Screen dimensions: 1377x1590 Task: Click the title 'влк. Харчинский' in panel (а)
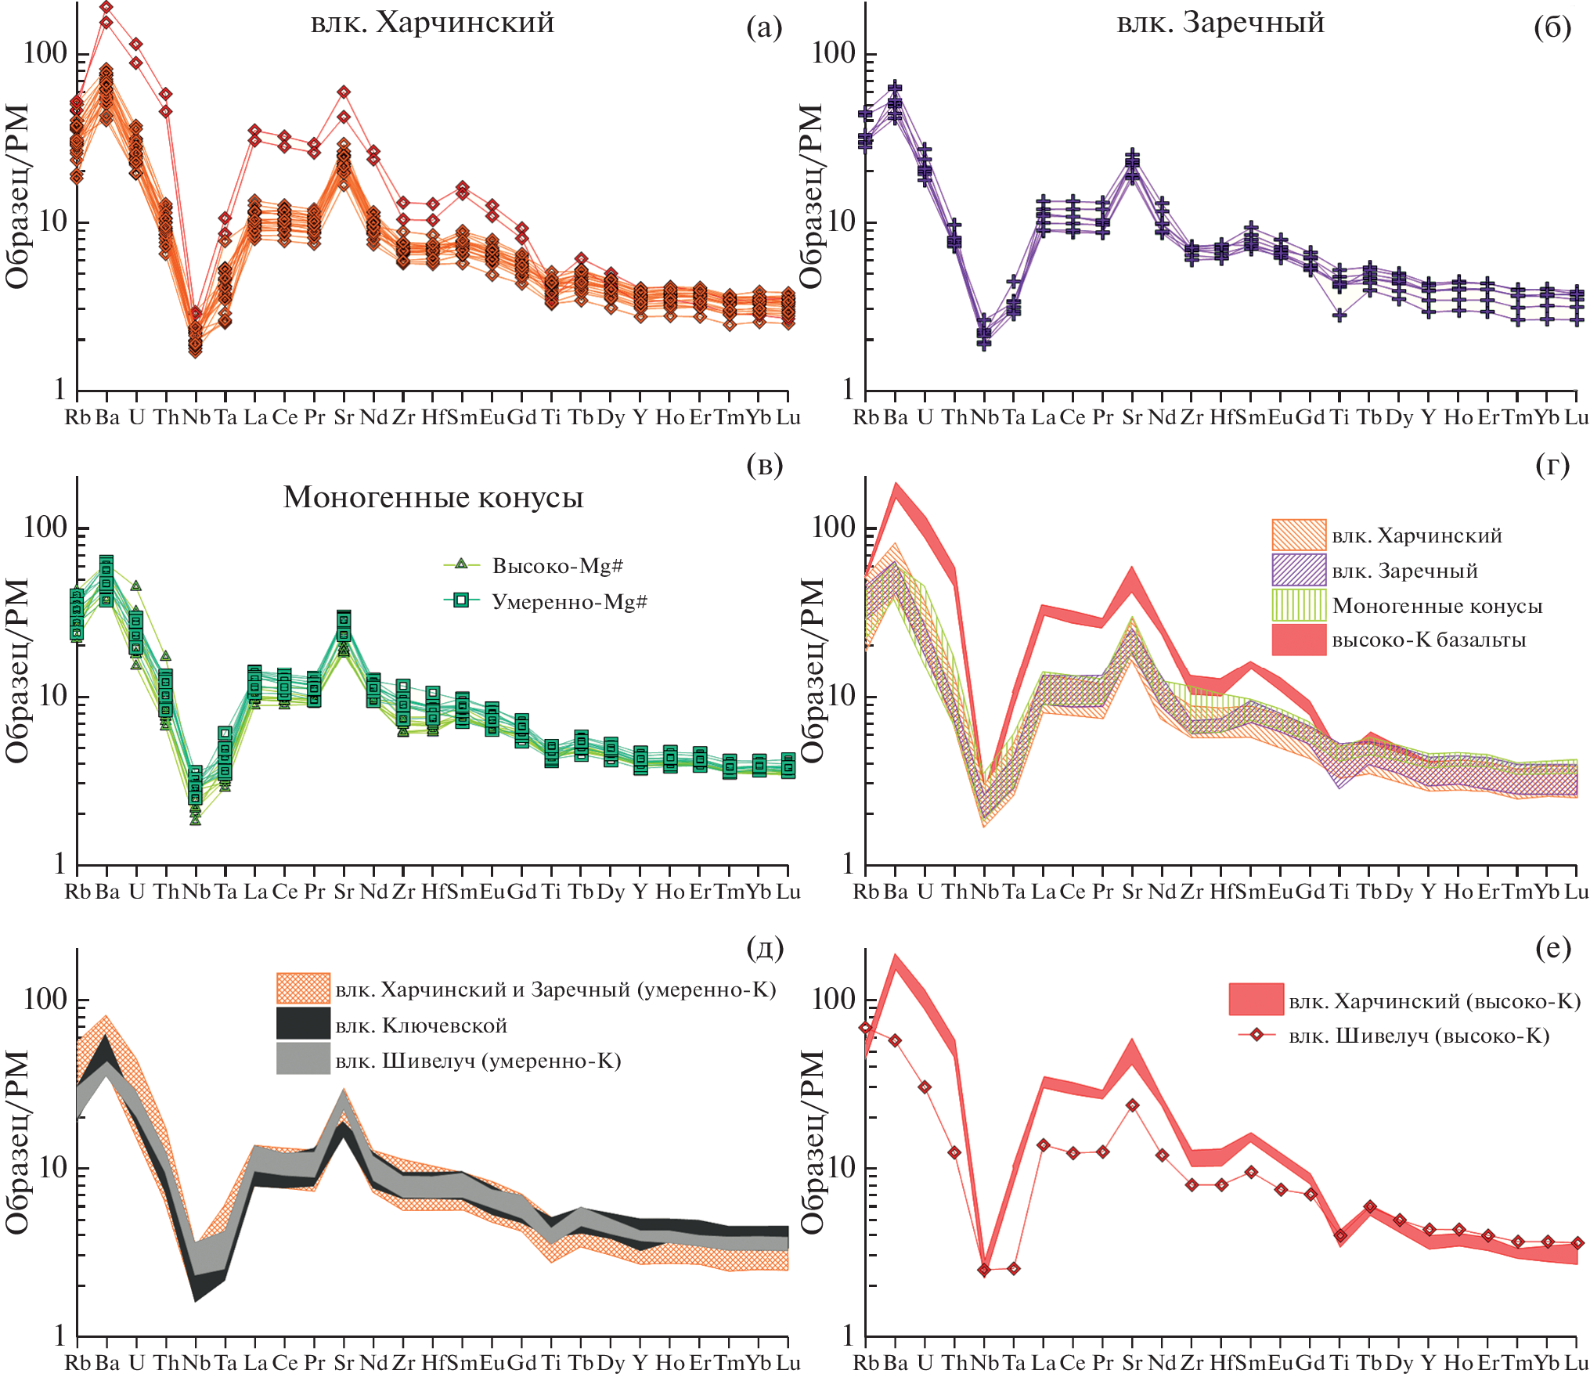click(x=432, y=23)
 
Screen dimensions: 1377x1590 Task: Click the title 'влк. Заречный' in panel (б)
click(x=1220, y=23)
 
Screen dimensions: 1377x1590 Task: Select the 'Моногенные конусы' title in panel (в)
click(x=433, y=498)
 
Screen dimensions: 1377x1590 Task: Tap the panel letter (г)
click(x=1552, y=465)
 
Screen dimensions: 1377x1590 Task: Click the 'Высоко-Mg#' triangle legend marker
click(x=461, y=564)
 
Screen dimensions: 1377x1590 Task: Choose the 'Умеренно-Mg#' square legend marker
click(x=461, y=600)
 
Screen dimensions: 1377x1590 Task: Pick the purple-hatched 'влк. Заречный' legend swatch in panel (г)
click(x=1299, y=570)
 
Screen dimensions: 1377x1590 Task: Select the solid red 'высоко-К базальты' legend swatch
click(x=1299, y=640)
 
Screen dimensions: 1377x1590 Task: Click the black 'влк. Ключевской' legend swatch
click(x=303, y=1024)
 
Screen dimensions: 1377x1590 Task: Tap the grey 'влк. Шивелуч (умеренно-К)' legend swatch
click(x=303, y=1059)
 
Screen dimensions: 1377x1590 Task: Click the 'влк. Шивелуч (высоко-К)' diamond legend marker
click(x=1256, y=1035)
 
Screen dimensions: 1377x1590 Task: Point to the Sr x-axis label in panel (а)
click(x=344, y=417)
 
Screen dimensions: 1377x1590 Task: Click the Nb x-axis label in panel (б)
click(x=984, y=417)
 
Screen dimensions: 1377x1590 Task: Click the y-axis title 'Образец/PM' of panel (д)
click(x=17, y=1142)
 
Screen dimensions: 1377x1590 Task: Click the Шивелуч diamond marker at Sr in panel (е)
click(x=1132, y=1105)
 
